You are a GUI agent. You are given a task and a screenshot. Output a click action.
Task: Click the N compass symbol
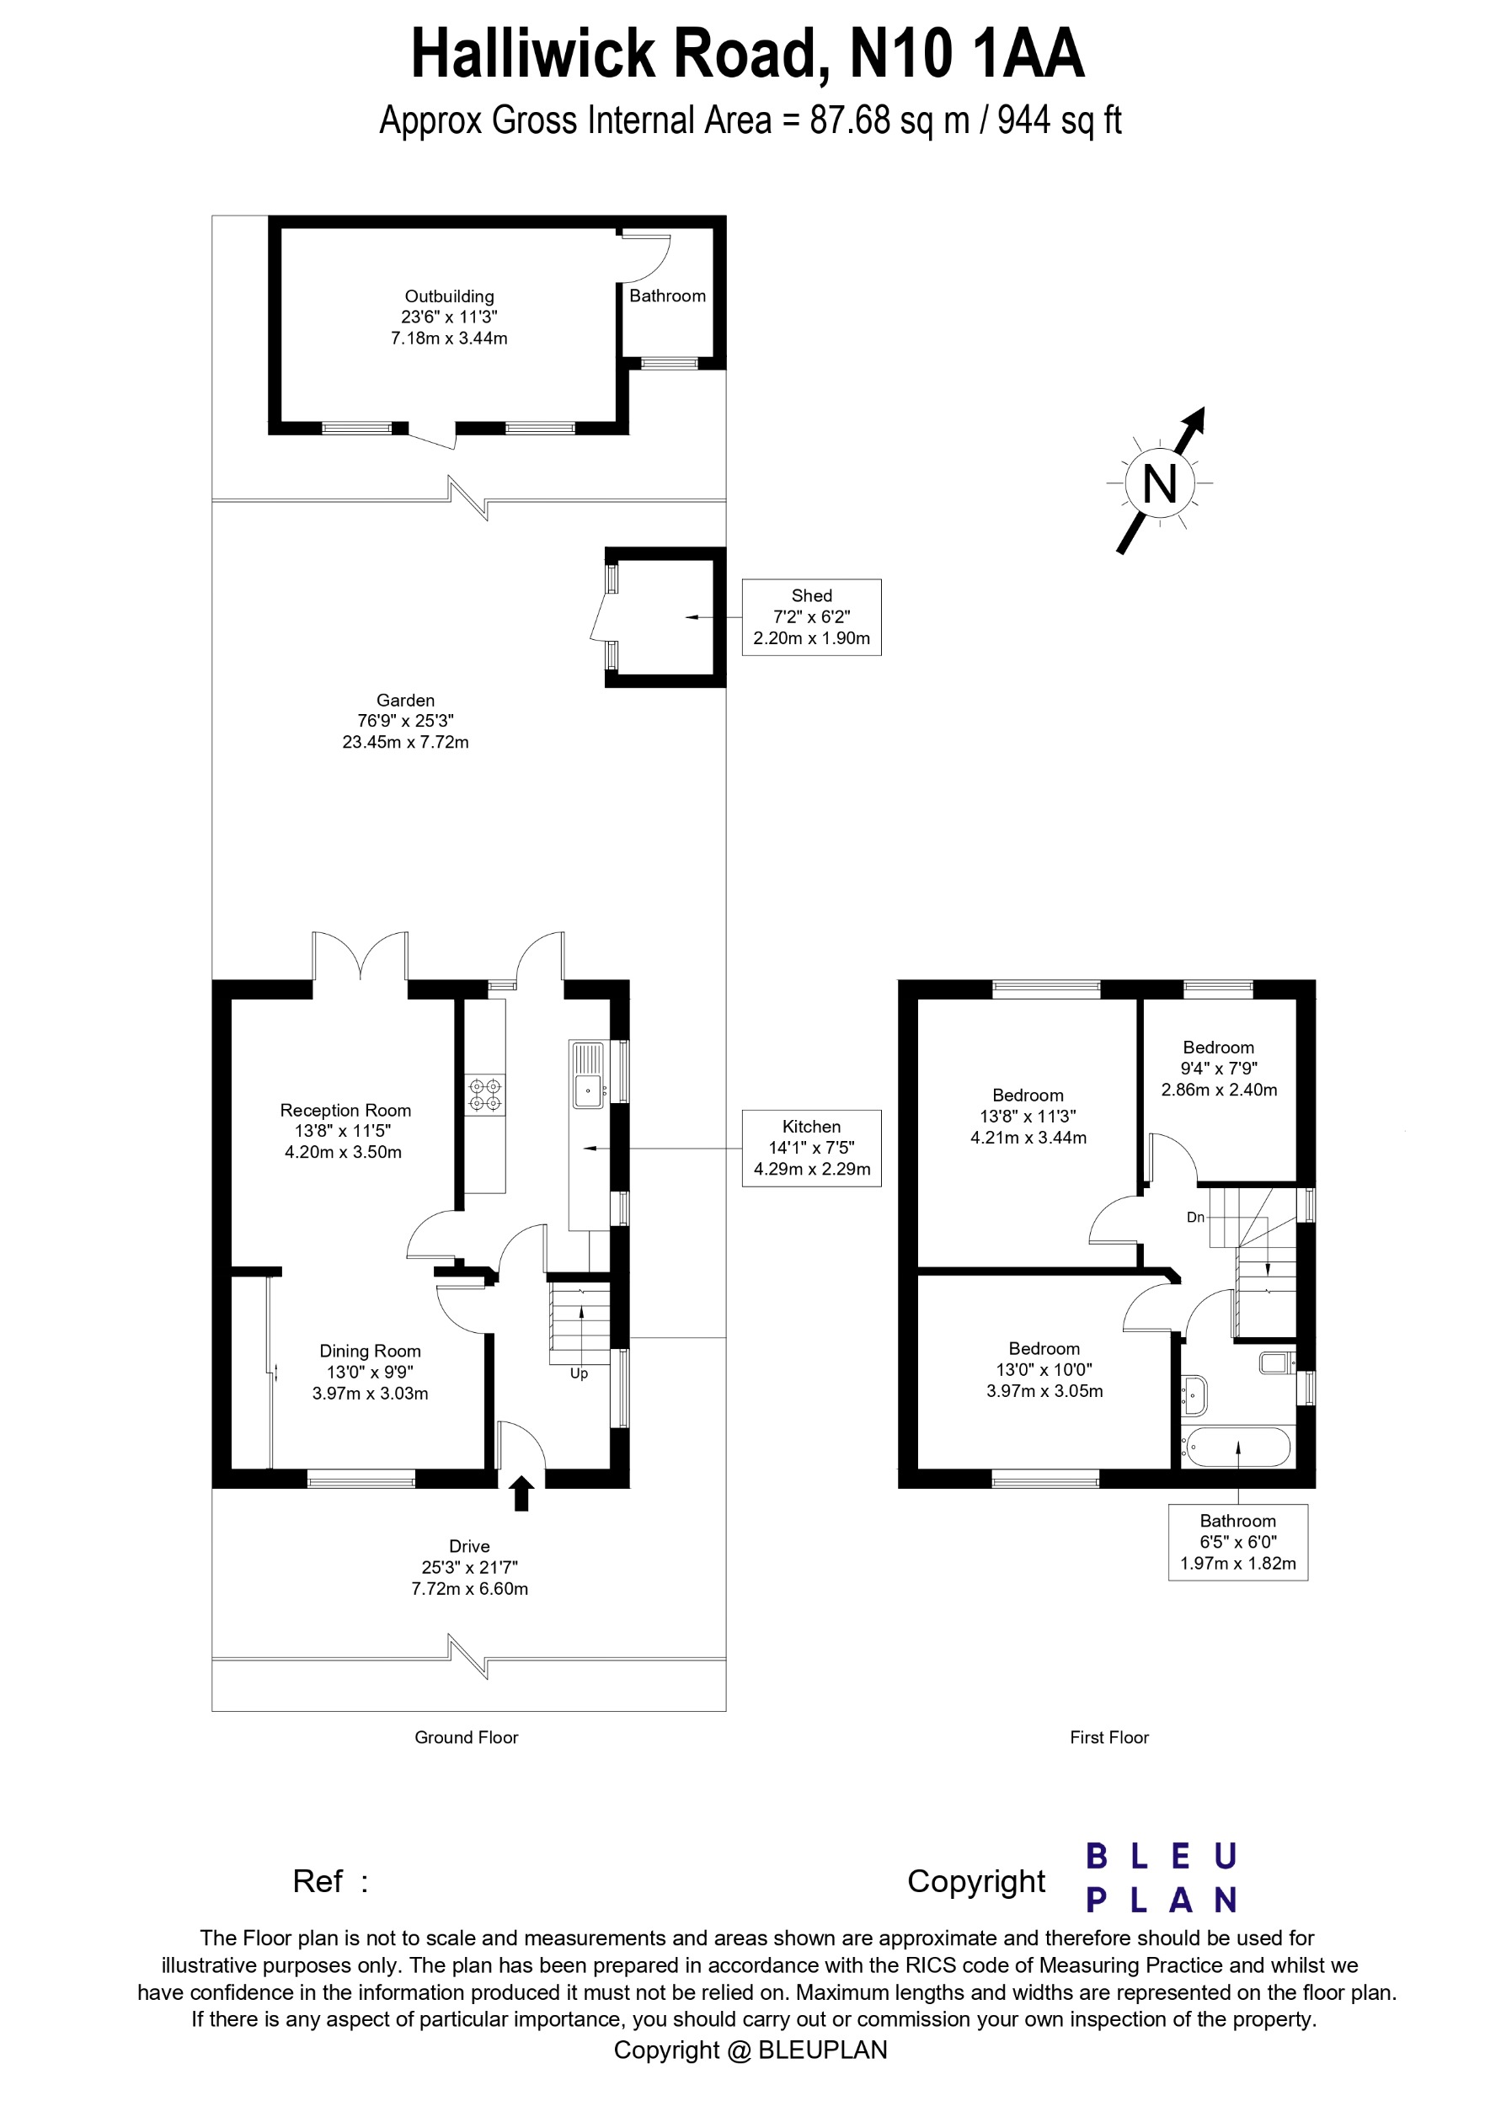click(1159, 483)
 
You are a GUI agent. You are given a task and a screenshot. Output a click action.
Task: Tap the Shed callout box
click(810, 616)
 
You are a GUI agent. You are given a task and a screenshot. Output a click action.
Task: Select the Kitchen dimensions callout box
click(810, 1148)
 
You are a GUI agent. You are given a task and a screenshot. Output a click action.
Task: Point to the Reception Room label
click(345, 1130)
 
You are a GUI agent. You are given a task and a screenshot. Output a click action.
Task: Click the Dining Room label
click(370, 1372)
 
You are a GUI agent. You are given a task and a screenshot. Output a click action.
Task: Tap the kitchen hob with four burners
click(485, 1095)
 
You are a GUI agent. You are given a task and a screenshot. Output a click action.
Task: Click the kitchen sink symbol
click(588, 1076)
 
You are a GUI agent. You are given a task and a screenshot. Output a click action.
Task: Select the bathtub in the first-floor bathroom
click(1237, 1448)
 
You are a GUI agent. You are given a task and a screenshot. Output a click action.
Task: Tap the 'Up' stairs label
click(579, 1373)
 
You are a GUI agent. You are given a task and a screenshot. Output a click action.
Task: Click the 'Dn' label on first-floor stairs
click(1195, 1217)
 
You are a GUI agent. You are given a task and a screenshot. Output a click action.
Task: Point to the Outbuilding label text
click(449, 296)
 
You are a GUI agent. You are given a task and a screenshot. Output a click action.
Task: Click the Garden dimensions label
click(405, 722)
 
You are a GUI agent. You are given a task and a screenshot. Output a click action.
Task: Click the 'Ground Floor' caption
click(466, 1737)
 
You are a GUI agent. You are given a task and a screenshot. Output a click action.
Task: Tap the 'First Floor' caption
click(1108, 1737)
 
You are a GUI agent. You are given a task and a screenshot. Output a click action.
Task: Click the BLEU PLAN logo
click(1161, 1878)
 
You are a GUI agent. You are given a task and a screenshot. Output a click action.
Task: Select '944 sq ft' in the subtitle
click(1059, 120)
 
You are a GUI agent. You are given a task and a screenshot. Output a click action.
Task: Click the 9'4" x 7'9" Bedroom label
click(1218, 1069)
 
